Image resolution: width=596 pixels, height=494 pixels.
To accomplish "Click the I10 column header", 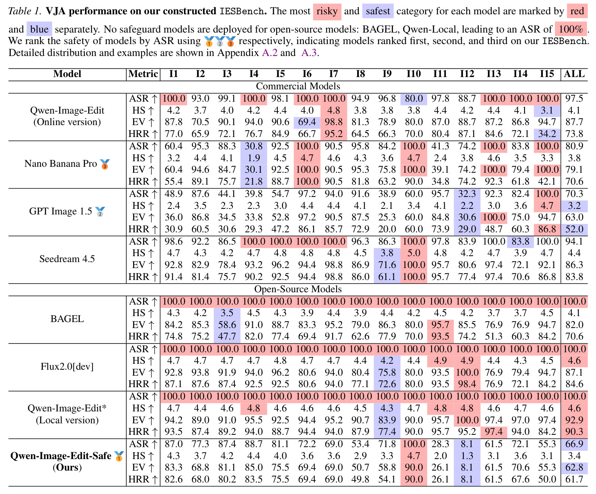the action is [413, 74].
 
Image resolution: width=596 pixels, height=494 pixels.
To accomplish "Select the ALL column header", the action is [574, 74].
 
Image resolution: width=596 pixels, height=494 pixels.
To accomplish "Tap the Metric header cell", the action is [143, 74].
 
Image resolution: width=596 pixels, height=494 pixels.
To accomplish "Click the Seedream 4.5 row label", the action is [67, 259].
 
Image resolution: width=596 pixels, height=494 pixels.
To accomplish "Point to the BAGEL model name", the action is [67, 318].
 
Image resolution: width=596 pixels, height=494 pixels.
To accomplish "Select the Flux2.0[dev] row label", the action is [67, 366].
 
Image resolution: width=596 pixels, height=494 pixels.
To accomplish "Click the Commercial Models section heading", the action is [298, 86].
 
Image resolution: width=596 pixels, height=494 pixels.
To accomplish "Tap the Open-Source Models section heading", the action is [298, 289].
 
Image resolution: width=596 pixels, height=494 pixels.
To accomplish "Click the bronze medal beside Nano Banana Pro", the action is [105, 164].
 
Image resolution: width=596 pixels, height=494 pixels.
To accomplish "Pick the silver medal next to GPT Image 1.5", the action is [100, 212].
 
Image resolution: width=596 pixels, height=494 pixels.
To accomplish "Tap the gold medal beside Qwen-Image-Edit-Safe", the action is [119, 456].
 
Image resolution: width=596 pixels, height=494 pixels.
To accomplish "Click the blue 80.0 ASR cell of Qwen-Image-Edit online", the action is [414, 98].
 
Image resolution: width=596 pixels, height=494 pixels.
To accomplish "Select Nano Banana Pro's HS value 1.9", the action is [253, 158].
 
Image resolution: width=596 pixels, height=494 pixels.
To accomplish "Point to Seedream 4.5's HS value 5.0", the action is [414, 253].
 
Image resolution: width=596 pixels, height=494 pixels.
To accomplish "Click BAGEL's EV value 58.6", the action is [227, 324].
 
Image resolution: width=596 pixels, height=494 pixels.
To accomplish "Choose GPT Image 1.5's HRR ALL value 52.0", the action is [574, 229].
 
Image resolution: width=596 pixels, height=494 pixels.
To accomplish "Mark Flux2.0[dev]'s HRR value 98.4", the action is [467, 384].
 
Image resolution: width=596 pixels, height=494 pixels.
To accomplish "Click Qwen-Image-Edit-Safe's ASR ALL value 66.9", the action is [574, 444].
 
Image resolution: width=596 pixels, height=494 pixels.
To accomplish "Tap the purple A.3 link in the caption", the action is [309, 53].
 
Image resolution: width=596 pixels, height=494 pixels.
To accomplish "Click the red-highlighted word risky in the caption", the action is [327, 12].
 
